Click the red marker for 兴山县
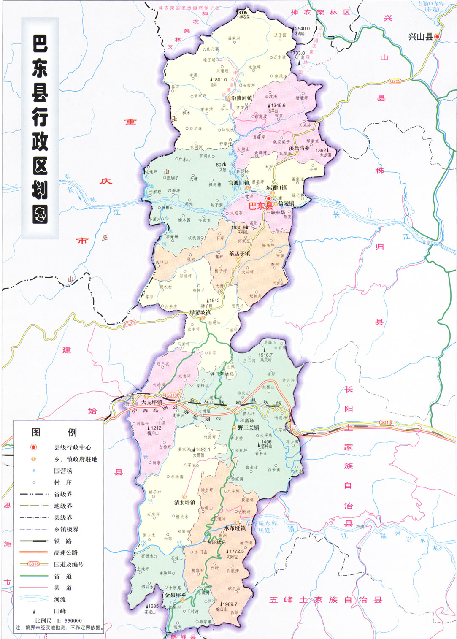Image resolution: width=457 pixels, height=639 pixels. point(437,37)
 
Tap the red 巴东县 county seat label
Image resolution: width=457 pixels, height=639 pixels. point(260,206)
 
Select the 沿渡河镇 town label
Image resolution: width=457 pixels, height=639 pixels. point(241,98)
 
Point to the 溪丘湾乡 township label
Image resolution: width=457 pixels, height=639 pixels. point(299,148)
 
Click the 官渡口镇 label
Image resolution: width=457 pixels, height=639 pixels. point(238,183)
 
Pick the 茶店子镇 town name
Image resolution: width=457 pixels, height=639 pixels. point(239,254)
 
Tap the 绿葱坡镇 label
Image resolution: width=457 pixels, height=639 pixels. point(200,313)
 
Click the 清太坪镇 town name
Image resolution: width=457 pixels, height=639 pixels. point(185,503)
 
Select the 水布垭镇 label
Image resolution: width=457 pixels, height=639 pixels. point(235,528)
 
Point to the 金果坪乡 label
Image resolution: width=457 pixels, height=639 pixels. point(176,595)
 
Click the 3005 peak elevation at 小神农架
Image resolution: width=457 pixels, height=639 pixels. point(242,13)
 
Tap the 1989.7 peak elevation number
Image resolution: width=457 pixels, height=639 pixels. point(230,604)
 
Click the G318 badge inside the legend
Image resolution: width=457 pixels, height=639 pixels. point(33,564)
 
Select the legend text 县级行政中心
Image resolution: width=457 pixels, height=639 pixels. point(72,447)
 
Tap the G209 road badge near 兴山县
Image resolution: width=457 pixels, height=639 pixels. point(395,81)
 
